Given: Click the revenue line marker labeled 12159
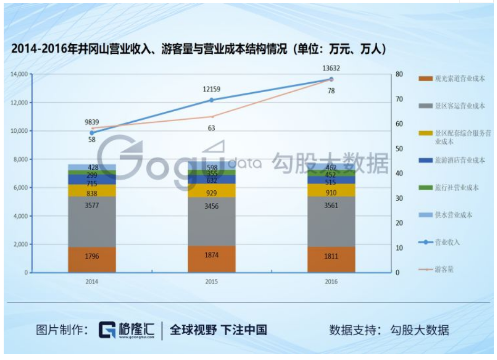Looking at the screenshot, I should (212, 100).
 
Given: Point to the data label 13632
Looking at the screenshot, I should (331, 67).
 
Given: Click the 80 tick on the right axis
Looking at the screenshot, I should (399, 74).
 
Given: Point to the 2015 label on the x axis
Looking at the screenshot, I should (211, 281).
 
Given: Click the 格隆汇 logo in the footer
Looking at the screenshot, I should (127, 330).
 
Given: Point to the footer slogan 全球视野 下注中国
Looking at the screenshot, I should (218, 330).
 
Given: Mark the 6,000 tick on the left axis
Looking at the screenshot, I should (20, 188).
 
